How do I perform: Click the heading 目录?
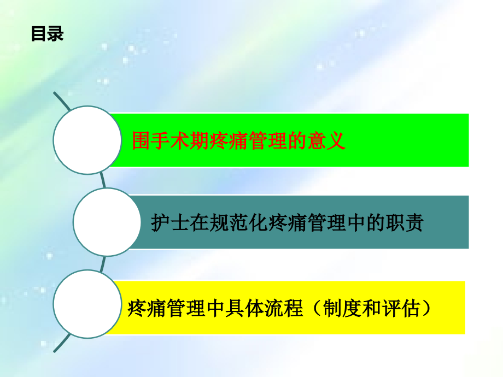tap(47, 34)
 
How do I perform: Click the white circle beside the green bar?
tap(87, 140)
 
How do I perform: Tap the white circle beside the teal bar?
tap(107, 222)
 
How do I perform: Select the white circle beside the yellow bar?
tap(87, 304)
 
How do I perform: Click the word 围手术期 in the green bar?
tap(171, 140)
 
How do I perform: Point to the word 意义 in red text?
tap(326, 140)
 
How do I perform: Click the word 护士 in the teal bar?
tap(170, 222)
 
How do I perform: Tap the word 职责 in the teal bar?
tap(405, 222)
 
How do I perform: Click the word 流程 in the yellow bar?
tap(284, 308)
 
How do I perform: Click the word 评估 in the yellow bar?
tap(401, 308)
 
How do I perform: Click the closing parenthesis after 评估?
tap(426, 308)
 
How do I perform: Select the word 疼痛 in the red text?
tap(229, 140)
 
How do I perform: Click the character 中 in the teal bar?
tap(356, 222)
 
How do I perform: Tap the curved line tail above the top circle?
tap(62, 101)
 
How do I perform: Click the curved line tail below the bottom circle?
tap(62, 343)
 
